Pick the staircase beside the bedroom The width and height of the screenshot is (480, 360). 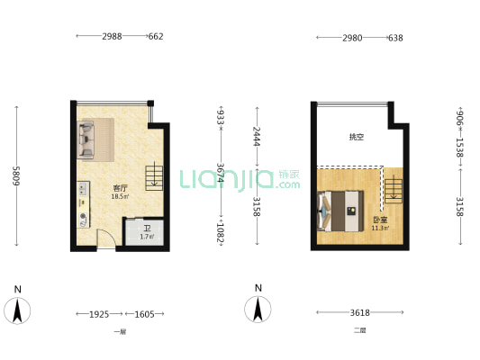[x=394, y=186]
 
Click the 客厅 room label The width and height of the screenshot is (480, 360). [x=119, y=188]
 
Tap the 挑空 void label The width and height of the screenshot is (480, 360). [x=357, y=138]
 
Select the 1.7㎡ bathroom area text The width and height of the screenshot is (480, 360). [x=147, y=238]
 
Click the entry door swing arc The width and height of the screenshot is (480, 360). [x=105, y=239]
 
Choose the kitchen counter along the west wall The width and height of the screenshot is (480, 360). [x=82, y=204]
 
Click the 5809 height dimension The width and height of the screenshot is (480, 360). [x=16, y=175]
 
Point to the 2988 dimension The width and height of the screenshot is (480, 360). [x=112, y=37]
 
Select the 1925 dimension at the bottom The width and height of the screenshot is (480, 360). [x=99, y=314]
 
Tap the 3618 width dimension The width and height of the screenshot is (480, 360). [x=359, y=313]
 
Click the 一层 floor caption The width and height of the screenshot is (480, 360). [x=119, y=331]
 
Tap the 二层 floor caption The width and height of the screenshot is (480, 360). [x=359, y=331]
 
